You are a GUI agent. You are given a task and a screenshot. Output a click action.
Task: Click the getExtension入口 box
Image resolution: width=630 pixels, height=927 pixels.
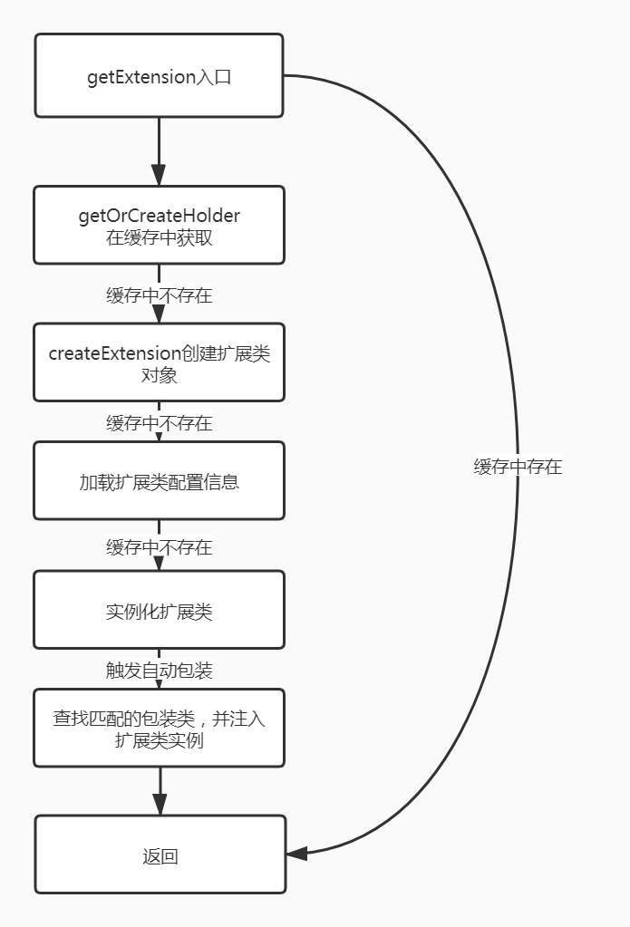[x=159, y=76]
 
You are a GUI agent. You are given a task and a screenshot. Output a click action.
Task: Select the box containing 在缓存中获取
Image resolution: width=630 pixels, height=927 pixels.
[x=159, y=226]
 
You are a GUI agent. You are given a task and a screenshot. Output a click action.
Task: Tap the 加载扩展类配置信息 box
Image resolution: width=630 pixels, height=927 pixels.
[x=159, y=481]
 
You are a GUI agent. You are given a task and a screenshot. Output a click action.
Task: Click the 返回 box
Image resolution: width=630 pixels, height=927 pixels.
[x=160, y=855]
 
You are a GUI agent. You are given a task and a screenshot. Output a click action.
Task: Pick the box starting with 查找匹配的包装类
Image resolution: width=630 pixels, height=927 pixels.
[x=159, y=729]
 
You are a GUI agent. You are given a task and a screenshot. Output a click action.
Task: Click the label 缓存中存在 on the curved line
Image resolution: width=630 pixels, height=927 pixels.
[x=518, y=467]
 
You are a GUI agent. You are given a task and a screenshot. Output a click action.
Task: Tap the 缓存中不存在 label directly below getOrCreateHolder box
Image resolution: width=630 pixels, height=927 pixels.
[x=159, y=295]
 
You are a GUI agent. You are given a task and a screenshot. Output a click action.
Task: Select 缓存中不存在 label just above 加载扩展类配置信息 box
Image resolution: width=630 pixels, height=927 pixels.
[x=159, y=422]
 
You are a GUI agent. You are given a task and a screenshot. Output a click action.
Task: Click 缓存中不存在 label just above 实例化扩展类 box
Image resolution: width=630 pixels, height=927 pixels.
[x=159, y=546]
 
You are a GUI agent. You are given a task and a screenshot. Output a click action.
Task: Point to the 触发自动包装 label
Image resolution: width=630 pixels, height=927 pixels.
[x=159, y=671]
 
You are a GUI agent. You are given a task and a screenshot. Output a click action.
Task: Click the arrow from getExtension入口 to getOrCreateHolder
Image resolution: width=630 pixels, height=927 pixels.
[x=159, y=151]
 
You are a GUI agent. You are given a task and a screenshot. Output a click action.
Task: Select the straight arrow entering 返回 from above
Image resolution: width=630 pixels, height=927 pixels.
[x=160, y=791]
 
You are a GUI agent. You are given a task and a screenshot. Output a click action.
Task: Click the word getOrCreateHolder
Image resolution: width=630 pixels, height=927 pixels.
[x=160, y=216]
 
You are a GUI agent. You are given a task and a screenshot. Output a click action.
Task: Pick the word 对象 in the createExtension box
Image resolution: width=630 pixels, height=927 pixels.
[x=160, y=374]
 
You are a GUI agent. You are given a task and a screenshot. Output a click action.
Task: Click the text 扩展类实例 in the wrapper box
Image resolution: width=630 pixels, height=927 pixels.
[x=160, y=740]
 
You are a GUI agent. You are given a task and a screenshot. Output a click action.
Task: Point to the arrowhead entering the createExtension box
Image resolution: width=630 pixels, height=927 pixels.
[x=159, y=314]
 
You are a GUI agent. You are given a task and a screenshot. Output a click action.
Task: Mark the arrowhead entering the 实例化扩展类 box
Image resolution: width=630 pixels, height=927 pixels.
[x=159, y=564]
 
